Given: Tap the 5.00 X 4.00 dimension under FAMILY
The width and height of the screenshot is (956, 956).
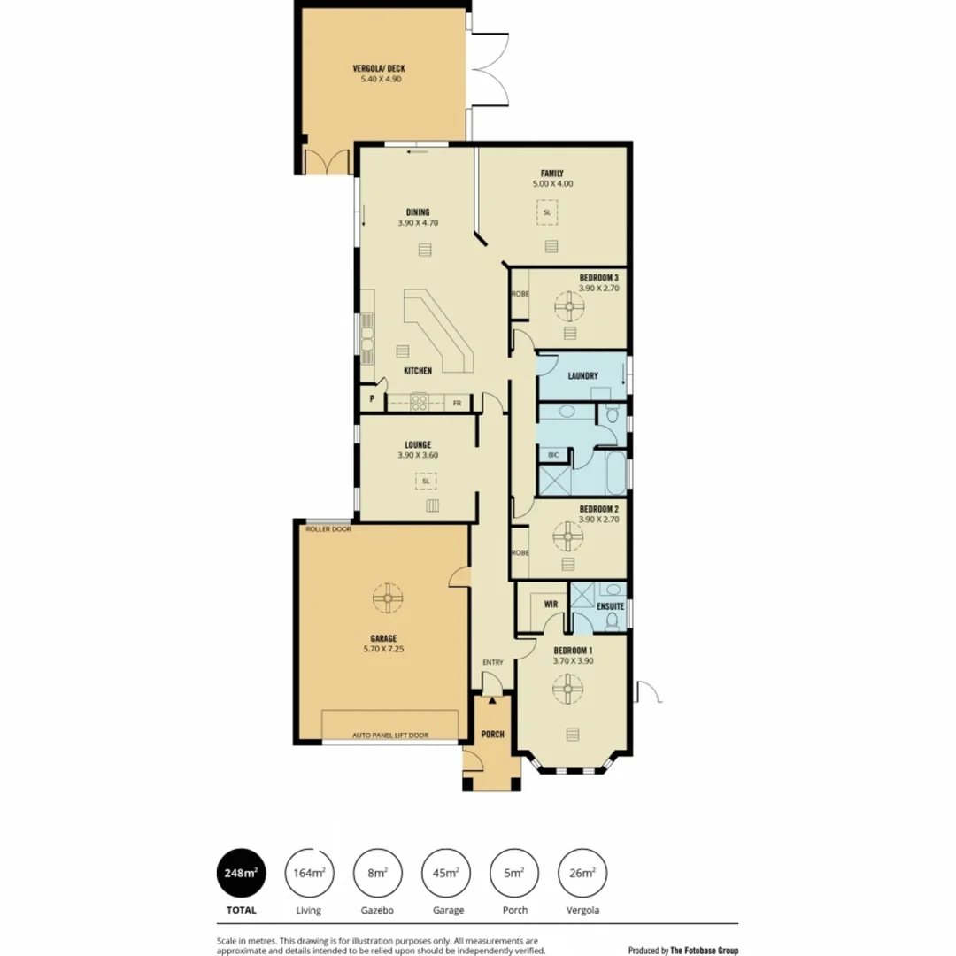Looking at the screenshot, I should coord(552,184).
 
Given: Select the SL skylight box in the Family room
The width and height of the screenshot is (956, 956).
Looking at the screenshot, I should coord(546,212).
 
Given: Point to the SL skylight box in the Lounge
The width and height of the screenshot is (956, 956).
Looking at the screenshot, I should coord(426,482).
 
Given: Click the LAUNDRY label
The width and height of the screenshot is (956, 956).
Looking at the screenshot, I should coord(583,375).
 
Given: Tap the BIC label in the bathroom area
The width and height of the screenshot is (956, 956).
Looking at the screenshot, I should coord(553,455).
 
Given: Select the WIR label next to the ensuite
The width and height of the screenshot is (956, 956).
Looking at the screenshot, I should coord(549,605).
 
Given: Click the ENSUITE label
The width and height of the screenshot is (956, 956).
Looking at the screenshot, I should coord(611,606).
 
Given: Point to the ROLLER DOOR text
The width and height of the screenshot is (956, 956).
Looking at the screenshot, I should coord(328,529).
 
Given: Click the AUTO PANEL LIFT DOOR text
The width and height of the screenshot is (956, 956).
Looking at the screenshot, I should coord(390,736).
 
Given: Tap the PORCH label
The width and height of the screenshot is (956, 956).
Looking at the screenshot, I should coord(492,735).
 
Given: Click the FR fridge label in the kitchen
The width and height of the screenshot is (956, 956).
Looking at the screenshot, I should coord(458,403).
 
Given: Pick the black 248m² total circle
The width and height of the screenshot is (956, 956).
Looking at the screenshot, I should coord(241,873).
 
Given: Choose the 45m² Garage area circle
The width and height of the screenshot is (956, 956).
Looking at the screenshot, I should coord(446,873).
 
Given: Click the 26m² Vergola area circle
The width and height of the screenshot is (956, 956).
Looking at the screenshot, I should coord(582,873).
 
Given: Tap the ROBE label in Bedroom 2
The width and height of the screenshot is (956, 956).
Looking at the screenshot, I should coord(520,552).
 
